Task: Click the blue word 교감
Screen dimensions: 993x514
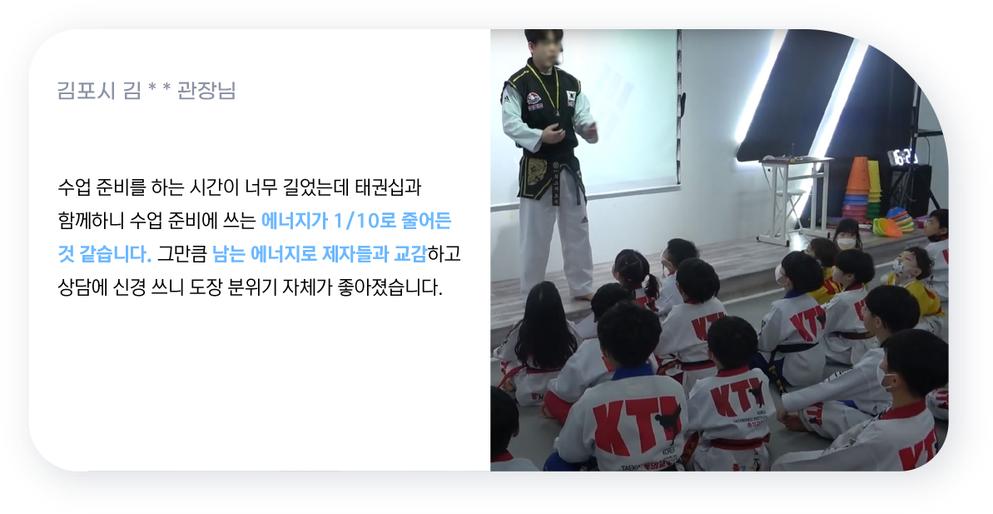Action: tap(410, 254)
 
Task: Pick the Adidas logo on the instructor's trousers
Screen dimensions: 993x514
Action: tap(584, 219)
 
